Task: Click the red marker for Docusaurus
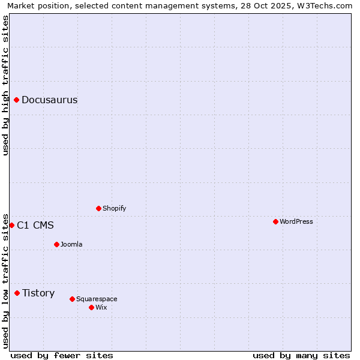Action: pos(17,100)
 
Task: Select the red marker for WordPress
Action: pos(275,221)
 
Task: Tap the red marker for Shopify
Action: pos(98,208)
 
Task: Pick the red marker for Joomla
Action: pos(56,244)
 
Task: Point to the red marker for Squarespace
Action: pos(72,299)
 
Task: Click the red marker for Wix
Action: pos(91,307)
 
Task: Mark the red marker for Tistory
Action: pos(17,293)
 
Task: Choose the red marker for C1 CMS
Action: pos(11,225)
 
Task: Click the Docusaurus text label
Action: pos(49,100)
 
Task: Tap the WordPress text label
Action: pos(296,222)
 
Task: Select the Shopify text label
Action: pos(114,209)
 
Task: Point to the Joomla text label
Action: pos(71,245)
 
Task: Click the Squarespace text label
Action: pos(97,299)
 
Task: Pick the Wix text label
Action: pos(101,308)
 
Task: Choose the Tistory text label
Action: pos(38,293)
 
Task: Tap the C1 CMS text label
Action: pos(35,226)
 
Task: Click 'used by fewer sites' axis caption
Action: pos(62,355)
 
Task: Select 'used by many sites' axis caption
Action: pos(301,355)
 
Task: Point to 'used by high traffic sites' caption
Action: pos(5,85)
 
